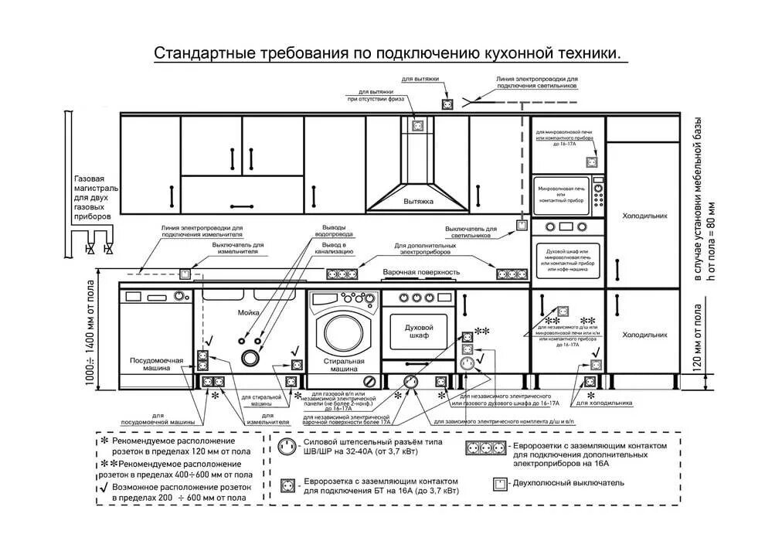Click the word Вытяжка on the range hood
418,201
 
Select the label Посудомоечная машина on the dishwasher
155,366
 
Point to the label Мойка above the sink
249,312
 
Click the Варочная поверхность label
421,273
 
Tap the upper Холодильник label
644,217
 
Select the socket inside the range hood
418,124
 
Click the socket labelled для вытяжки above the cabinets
447,103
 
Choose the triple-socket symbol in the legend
487,447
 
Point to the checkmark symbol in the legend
104,488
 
